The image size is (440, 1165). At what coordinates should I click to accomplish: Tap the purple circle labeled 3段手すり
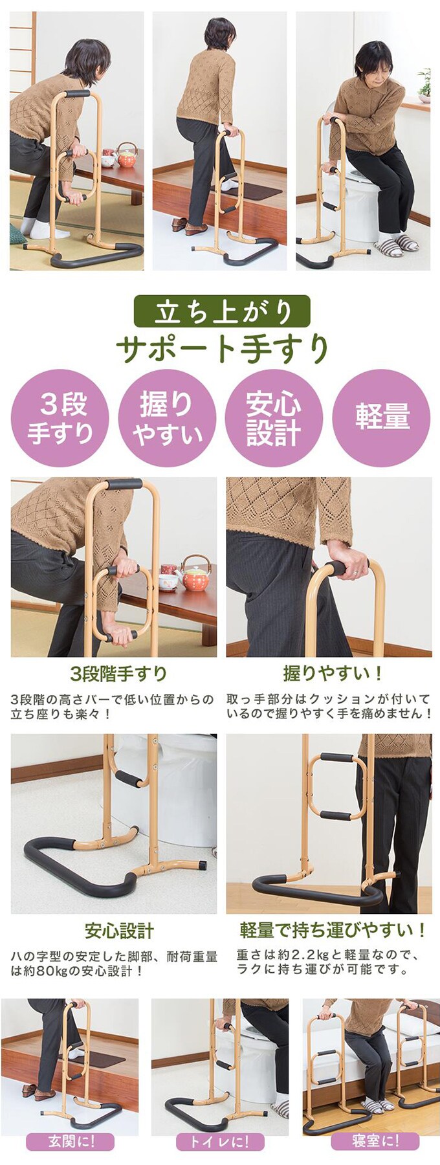pos(60,418)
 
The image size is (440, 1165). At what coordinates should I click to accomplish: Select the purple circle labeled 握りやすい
pos(167,418)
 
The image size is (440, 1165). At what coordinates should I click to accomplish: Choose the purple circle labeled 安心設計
pos(274,418)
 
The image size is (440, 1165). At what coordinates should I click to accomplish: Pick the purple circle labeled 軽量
pos(381,418)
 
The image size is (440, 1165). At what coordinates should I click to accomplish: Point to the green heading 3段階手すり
pos(118,674)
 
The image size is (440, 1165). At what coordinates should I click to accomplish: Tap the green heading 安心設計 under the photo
pos(119,931)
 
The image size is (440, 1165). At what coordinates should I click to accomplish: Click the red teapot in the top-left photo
pos(127,155)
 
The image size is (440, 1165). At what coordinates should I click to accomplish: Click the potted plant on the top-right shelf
pos(424,86)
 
